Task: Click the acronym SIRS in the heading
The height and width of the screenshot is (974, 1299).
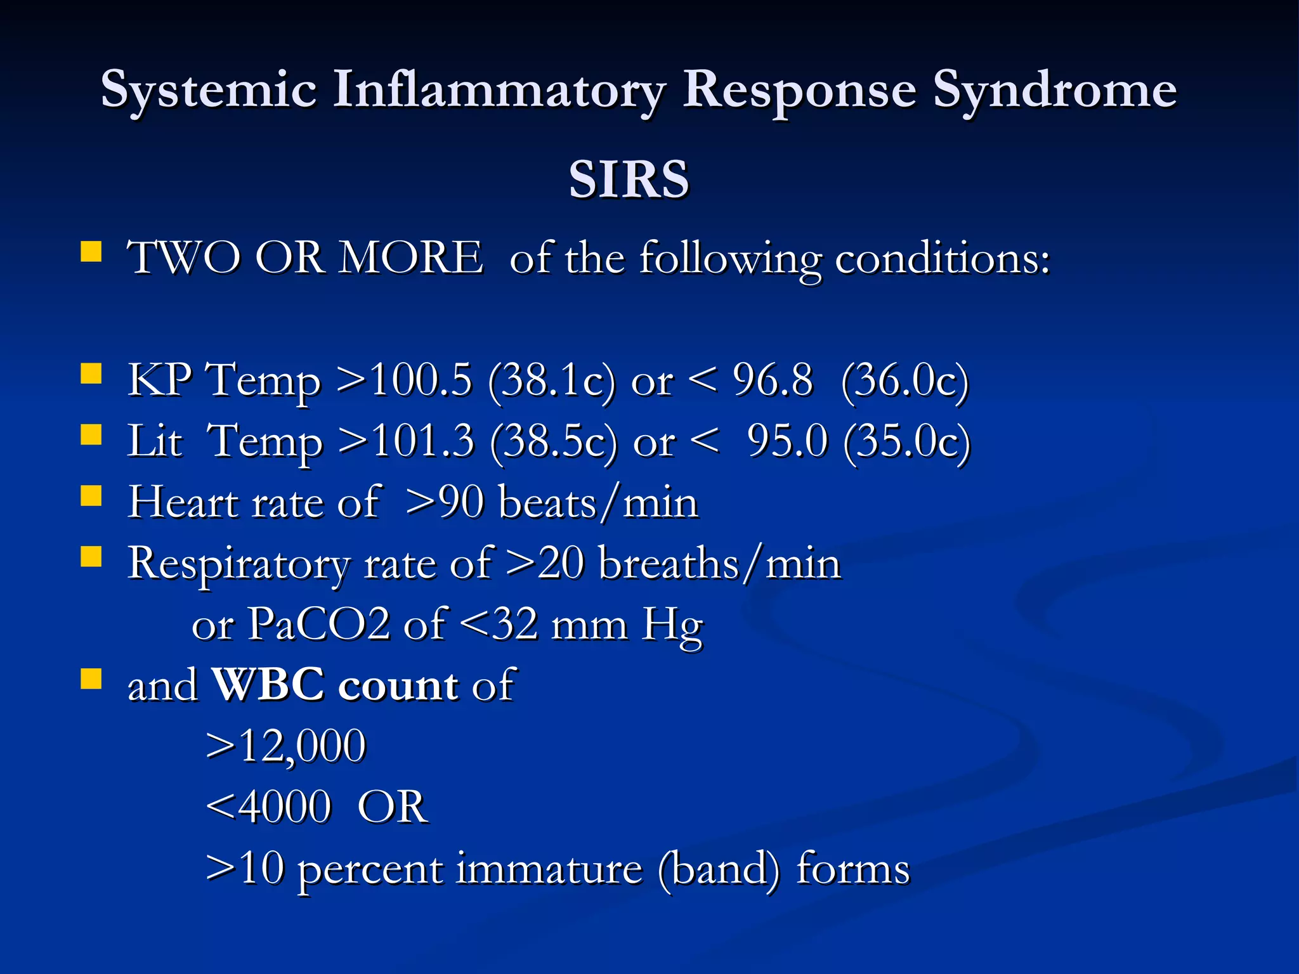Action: click(629, 179)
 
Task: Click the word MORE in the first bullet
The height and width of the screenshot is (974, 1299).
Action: click(410, 258)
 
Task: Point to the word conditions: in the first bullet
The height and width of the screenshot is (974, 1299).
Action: click(943, 259)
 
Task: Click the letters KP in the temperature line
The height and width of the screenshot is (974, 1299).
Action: click(159, 380)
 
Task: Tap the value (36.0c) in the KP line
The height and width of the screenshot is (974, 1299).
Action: click(905, 381)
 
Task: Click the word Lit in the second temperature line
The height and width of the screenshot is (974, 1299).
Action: click(155, 441)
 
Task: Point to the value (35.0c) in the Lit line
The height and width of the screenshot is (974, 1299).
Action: click(907, 441)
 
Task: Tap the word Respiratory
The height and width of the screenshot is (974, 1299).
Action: click(238, 564)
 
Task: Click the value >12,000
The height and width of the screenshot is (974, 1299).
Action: click(286, 746)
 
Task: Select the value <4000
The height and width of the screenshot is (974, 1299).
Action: click(269, 807)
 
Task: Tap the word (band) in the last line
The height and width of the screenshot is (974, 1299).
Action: click(719, 869)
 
